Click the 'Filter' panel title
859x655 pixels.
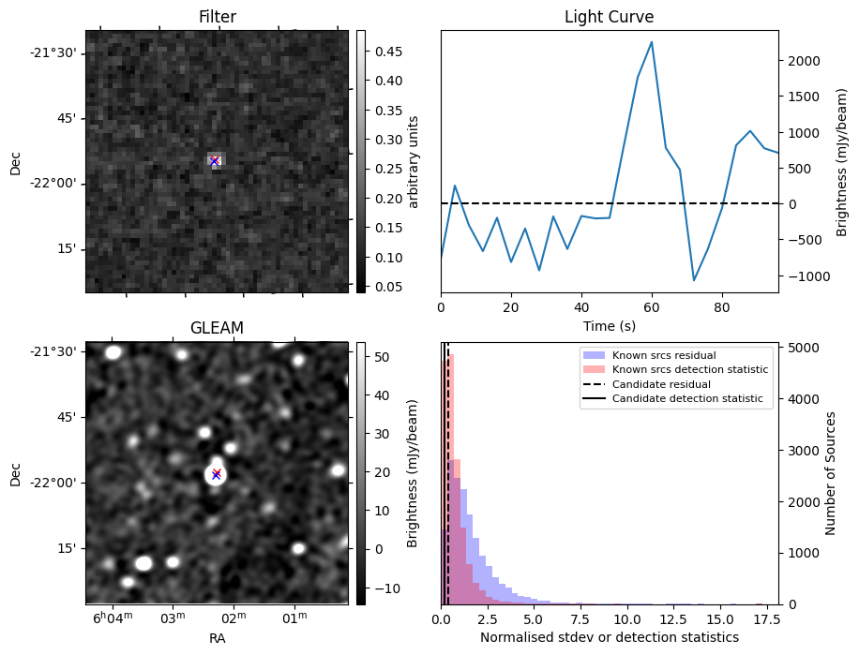click(217, 17)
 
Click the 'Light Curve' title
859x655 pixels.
click(609, 17)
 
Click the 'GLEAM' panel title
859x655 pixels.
click(217, 328)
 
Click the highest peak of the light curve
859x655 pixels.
click(652, 42)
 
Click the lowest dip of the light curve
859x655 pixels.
click(694, 280)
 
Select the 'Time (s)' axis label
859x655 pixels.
click(609, 324)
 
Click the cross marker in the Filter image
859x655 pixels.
click(215, 160)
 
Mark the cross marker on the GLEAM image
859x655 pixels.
click(216, 473)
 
